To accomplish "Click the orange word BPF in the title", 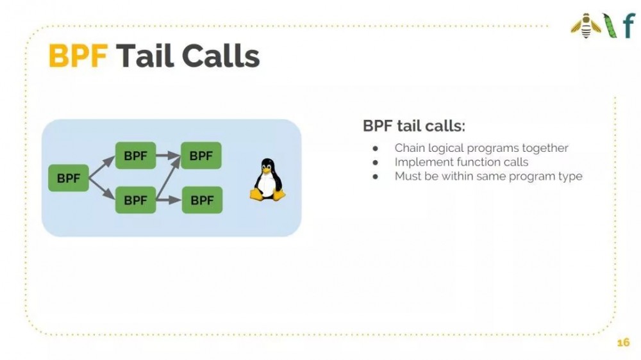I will click(x=78, y=57).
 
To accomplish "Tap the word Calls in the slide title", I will click(x=221, y=57).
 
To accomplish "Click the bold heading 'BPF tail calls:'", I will click(x=413, y=126).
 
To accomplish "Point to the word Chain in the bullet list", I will click(x=410, y=148).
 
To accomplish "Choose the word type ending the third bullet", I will click(x=570, y=177).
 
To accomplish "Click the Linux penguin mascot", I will click(x=267, y=179).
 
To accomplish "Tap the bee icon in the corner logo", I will click(x=585, y=26).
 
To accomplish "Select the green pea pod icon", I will click(x=609, y=26).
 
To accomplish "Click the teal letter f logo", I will click(x=627, y=26).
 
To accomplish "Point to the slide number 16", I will click(x=623, y=343).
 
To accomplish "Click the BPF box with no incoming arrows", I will click(x=69, y=178).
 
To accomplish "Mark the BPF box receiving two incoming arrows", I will click(x=201, y=155).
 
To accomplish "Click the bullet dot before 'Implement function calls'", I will click(x=376, y=162).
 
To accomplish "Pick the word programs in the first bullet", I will click(x=491, y=148).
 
